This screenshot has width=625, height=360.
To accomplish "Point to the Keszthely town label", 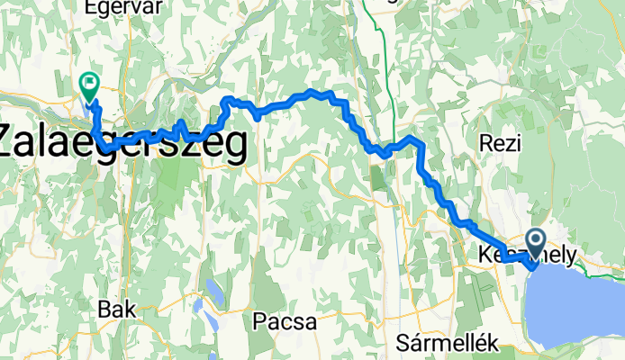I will pyautogui.click(x=527, y=255).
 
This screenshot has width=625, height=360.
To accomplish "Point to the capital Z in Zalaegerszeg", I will pyautogui.click(x=12, y=144).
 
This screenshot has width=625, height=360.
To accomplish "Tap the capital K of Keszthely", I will pyautogui.click(x=486, y=255).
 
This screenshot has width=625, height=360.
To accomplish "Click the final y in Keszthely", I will pyautogui.click(x=570, y=256).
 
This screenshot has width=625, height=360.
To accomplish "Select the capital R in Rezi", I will pyautogui.click(x=485, y=143).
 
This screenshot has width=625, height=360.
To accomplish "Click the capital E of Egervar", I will pyautogui.click(x=89, y=7).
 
